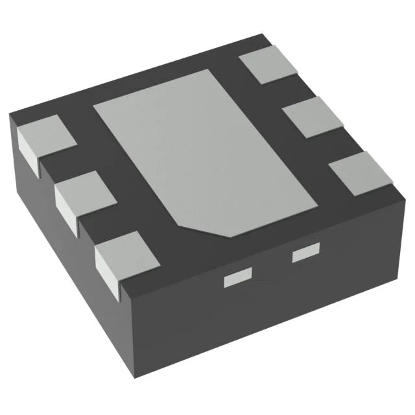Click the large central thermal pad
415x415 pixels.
(x=195, y=149)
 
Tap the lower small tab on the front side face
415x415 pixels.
(x=237, y=280)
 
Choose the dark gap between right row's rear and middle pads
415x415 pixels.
(x=289, y=91)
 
